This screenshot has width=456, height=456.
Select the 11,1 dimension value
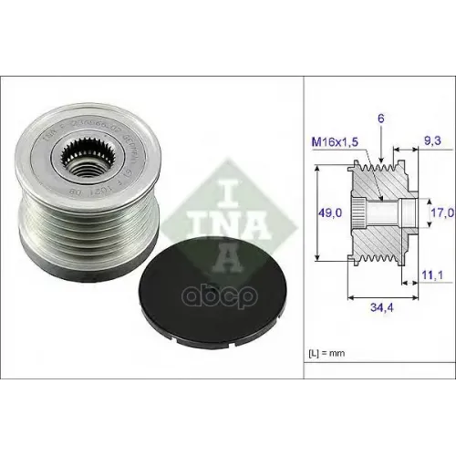pos(432,272)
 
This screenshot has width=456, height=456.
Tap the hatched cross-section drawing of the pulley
pos(383,213)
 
